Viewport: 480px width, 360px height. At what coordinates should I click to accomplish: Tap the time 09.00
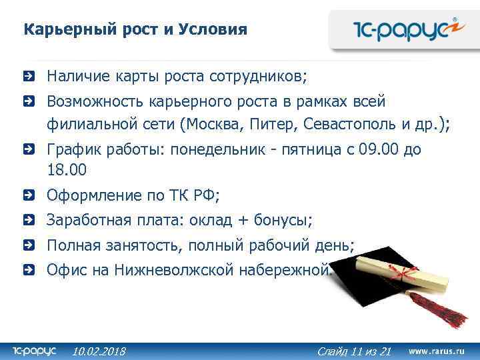tap(377, 149)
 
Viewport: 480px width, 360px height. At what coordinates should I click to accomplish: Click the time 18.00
tap(67, 170)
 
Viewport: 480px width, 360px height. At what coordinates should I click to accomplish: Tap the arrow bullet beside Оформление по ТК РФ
tap(27, 196)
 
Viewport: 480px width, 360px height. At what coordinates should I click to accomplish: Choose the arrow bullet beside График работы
tap(27, 150)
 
